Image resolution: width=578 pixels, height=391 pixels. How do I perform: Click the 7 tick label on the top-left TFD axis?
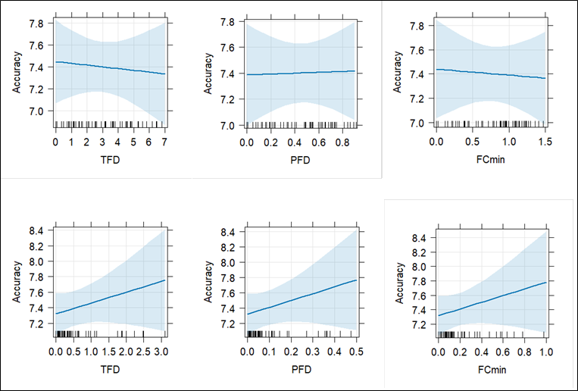[x=164, y=142]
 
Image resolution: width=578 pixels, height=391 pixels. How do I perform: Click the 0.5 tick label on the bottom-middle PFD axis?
[x=356, y=352]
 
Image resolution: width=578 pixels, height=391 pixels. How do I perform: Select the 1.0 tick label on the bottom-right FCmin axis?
[x=546, y=352]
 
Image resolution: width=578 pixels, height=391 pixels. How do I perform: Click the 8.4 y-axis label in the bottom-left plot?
[x=39, y=230]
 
